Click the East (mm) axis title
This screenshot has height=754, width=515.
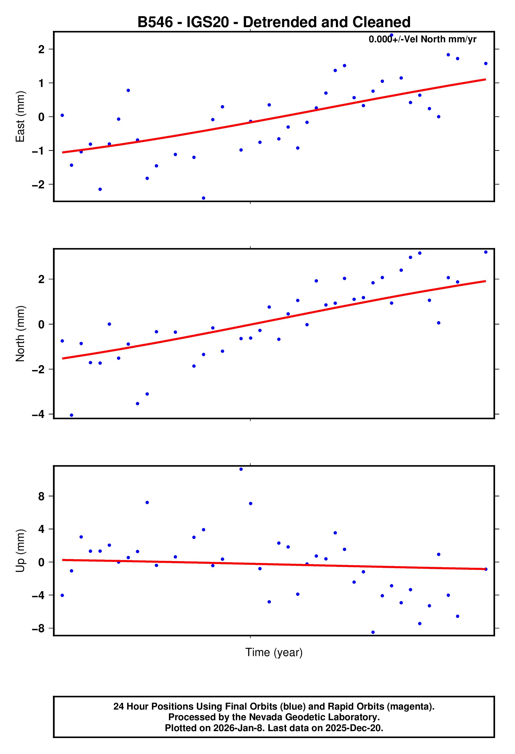click(x=20, y=117)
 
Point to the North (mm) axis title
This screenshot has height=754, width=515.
click(x=20, y=334)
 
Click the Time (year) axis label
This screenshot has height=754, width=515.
click(x=274, y=652)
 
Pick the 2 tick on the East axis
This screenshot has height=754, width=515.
click(x=41, y=49)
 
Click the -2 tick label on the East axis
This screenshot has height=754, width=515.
click(x=38, y=184)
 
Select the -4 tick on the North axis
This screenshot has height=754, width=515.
click(x=38, y=414)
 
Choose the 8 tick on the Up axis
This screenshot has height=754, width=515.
click(x=41, y=496)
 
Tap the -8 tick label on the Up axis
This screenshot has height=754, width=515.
click(x=38, y=628)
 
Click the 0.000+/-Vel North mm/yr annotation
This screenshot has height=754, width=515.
click(x=422, y=39)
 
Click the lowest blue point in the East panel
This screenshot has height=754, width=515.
click(x=204, y=198)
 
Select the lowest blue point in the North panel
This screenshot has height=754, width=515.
click(x=72, y=415)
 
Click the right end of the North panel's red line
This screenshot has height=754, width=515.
click(x=485, y=281)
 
